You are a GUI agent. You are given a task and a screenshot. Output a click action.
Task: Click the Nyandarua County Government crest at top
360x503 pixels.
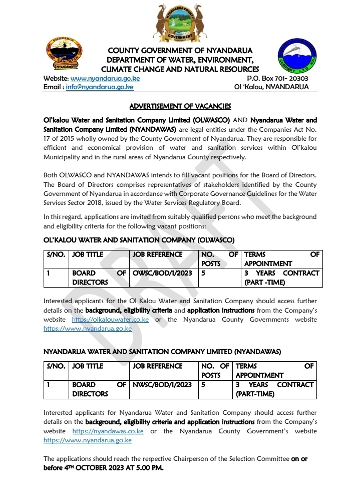180,23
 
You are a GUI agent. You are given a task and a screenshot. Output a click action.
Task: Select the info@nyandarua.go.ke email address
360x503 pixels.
100,87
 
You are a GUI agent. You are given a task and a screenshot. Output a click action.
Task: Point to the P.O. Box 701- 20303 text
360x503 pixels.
278,79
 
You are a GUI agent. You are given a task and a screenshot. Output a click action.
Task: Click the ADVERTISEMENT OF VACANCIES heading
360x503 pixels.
180,106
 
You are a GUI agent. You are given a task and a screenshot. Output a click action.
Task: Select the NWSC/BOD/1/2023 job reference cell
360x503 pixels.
162,385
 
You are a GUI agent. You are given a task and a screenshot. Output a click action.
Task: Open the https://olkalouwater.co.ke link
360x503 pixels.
110,320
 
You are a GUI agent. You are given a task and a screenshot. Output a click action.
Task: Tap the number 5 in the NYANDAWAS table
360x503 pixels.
203,385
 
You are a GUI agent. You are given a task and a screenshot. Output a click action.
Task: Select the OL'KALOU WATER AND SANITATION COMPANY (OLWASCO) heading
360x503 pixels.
139,240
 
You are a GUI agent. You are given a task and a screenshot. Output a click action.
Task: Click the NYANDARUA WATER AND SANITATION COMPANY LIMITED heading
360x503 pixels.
162,352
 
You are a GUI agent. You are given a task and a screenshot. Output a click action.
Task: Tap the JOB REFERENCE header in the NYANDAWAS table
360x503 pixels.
158,366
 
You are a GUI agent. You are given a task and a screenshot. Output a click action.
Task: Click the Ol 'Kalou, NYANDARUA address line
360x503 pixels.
271,87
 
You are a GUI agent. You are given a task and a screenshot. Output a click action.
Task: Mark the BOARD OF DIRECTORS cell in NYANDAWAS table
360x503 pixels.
99,389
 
